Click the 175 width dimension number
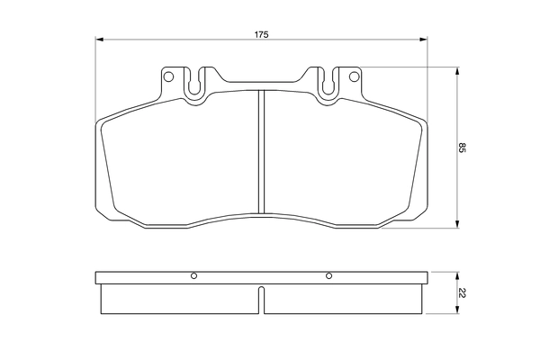point(261,34)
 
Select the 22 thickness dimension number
point(462,292)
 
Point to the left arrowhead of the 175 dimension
point(98,40)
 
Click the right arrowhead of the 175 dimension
point(424,40)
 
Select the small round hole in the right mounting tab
point(352,76)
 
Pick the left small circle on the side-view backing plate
point(193,276)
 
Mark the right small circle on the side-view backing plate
point(329,276)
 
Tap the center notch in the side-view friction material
point(261,300)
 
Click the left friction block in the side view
point(180,299)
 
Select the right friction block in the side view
point(342,299)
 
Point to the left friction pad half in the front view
point(180,157)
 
